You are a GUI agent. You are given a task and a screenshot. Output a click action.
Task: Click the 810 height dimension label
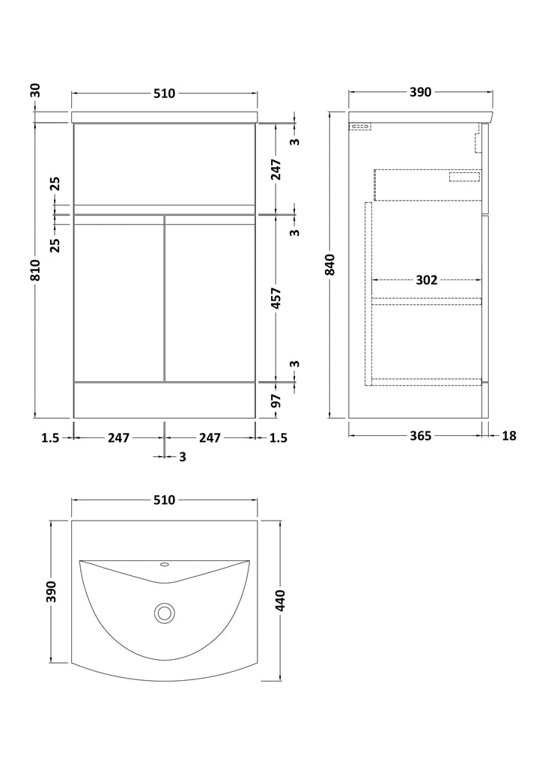point(34,270)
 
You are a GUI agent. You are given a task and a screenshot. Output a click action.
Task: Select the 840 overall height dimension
point(331,265)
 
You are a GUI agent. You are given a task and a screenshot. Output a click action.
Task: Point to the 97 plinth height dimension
point(276,400)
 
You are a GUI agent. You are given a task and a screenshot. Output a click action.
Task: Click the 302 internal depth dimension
point(427,280)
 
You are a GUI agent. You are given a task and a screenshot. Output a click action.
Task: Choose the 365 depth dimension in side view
point(420,436)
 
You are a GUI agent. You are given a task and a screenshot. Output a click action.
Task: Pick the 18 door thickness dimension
point(509,436)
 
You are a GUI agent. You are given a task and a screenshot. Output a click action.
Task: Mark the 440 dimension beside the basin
point(280,601)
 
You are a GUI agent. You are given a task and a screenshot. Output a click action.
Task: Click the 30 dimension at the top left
point(35,91)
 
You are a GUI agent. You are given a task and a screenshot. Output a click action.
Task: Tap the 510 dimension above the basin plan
point(164,500)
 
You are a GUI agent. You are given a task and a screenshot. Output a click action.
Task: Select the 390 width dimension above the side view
point(420,92)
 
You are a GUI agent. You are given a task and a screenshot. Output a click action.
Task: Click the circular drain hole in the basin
point(164,613)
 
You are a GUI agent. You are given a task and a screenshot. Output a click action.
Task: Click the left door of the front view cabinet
point(118,297)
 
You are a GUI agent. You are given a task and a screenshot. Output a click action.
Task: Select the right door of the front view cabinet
point(210,297)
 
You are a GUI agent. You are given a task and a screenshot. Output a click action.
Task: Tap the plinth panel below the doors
point(164,400)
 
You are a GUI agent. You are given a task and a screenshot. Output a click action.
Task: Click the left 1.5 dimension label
point(50,437)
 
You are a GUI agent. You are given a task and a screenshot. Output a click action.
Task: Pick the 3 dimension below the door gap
point(183,457)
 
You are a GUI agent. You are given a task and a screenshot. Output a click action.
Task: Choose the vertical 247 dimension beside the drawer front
point(276,169)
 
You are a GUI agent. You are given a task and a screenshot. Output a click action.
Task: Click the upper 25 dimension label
point(55,184)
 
